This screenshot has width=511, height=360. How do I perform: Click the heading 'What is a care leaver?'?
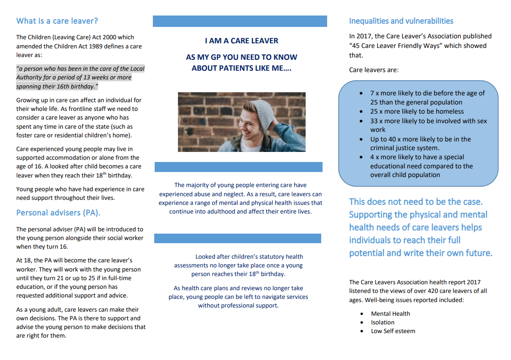57,21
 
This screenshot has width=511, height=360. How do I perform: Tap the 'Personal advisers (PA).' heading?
58,213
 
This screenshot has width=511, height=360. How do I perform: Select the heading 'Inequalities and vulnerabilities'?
401,21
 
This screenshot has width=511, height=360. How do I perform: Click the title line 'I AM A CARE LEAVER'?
241,41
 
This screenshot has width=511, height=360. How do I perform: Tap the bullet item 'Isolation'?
382,323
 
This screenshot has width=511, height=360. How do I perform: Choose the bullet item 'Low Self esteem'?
393,331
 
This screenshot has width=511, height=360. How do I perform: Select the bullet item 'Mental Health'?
390,314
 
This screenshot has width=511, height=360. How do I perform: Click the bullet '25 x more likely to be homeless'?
417,112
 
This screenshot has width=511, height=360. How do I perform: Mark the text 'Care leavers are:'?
374,70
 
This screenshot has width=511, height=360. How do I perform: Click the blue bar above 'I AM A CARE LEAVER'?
240,21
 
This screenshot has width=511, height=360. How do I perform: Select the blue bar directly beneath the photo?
238,167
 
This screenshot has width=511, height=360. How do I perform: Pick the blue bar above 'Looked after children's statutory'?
237,238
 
